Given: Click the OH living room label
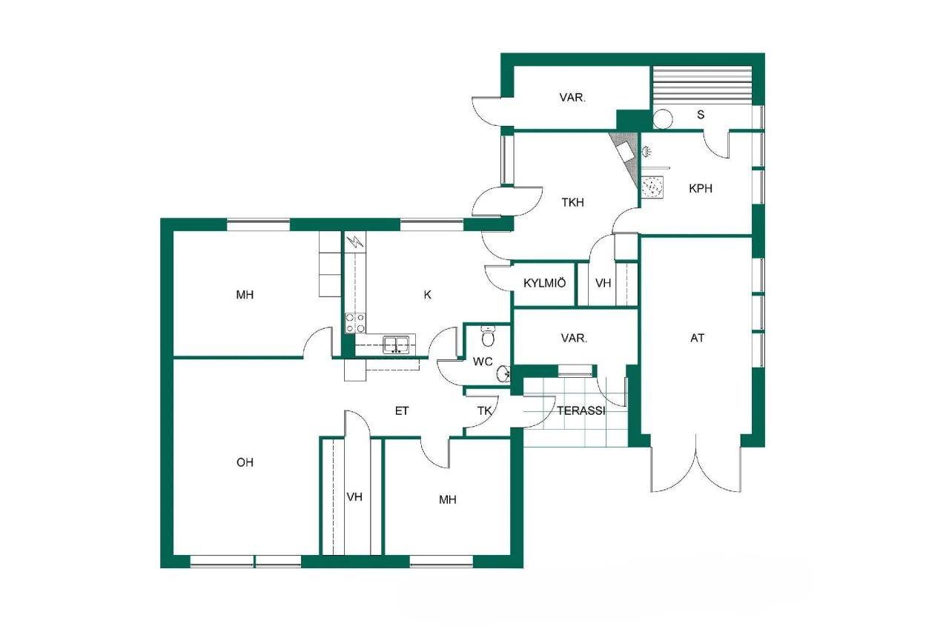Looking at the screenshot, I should click(245, 462).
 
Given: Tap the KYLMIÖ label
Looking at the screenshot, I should click(545, 283).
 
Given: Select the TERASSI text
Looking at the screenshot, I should click(581, 410).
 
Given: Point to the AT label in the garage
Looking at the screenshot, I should click(697, 338).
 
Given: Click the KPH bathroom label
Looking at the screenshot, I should click(701, 188).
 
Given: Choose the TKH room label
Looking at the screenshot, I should click(573, 201).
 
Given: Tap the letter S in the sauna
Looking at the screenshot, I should click(701, 115).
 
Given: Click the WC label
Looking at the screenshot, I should click(483, 362).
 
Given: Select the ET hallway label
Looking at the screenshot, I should click(402, 410).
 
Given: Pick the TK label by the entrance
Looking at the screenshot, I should click(484, 410).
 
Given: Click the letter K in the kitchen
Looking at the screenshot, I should click(427, 294).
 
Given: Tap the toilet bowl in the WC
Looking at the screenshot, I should click(487, 337).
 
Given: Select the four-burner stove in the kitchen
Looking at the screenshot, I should click(355, 323).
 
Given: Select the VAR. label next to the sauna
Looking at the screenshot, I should click(572, 97).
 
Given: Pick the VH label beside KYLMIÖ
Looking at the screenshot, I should click(603, 283).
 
